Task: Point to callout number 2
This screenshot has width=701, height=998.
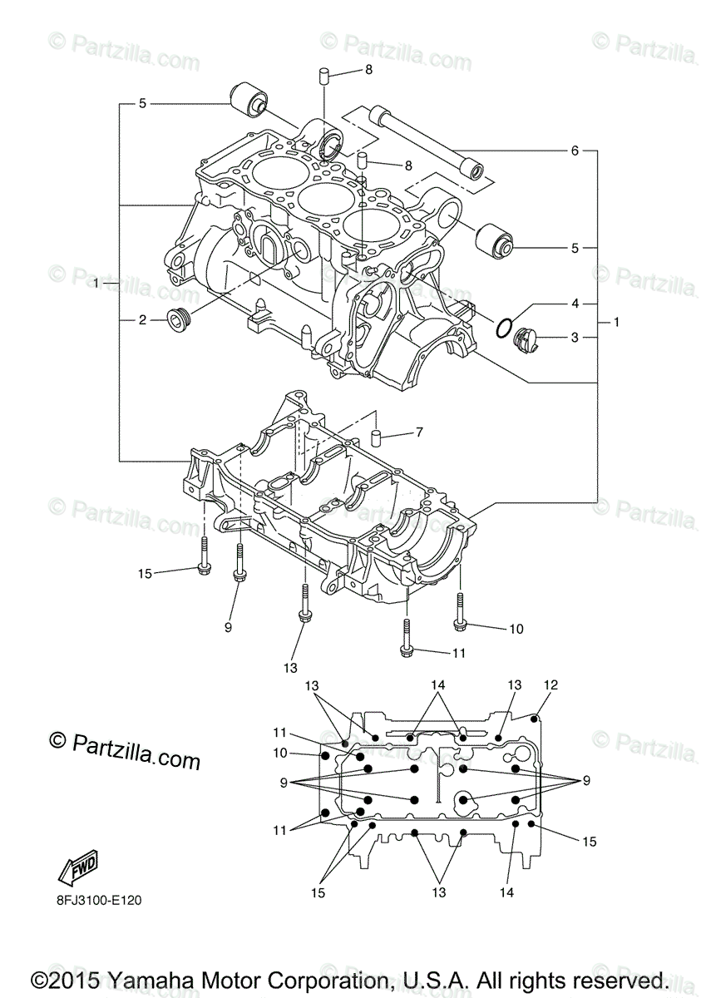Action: (x=142, y=319)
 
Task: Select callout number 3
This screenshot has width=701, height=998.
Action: (x=574, y=338)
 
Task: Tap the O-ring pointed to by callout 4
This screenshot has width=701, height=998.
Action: (x=502, y=328)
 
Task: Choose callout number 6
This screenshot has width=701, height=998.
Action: (x=574, y=151)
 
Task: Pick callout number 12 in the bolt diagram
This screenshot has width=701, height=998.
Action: (x=550, y=685)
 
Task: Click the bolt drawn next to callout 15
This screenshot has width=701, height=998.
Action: (x=205, y=556)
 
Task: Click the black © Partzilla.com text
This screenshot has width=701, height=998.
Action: (x=125, y=749)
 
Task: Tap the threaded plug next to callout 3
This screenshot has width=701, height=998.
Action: (x=526, y=338)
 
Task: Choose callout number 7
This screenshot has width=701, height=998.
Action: (x=419, y=432)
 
